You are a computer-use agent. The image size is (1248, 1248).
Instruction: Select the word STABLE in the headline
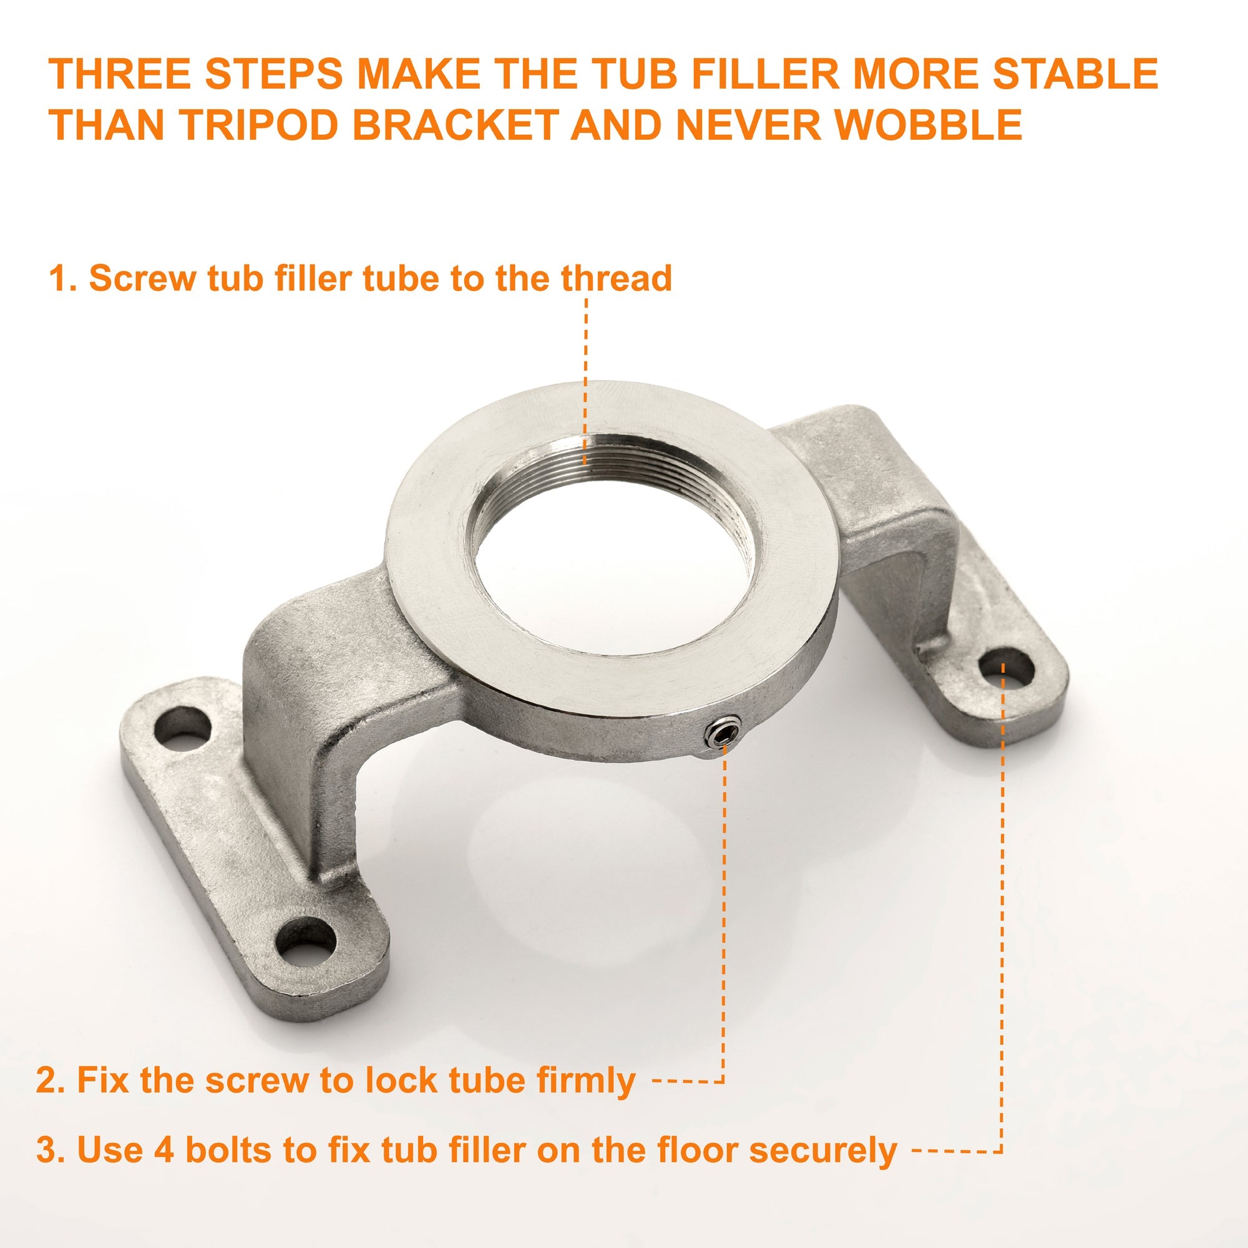click(1076, 74)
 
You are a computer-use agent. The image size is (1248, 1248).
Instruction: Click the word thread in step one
click(617, 278)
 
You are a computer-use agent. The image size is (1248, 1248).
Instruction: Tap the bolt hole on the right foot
click(1007, 666)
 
